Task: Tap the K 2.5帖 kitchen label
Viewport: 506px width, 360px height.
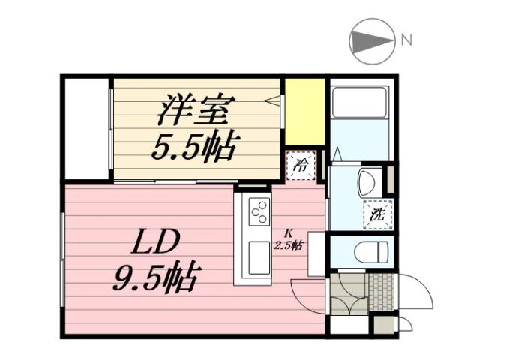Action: tap(288, 240)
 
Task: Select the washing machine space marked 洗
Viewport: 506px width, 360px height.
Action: tap(377, 214)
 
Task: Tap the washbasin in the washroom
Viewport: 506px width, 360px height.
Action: tap(367, 182)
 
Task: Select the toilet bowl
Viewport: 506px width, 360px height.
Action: tap(370, 251)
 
